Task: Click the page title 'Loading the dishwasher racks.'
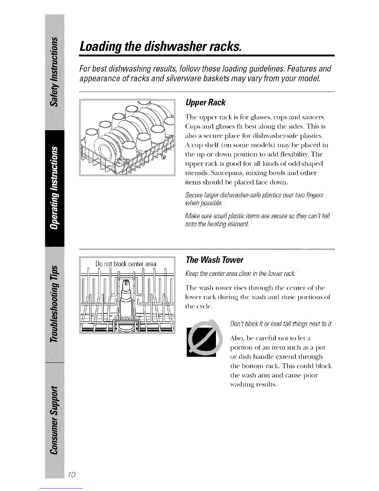click(160, 46)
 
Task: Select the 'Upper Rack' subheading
click(205, 103)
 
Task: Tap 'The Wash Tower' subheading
click(214, 260)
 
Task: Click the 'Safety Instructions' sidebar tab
click(54, 72)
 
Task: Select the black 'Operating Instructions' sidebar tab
click(54, 188)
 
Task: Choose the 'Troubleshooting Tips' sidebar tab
click(54, 304)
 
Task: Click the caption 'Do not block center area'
click(126, 264)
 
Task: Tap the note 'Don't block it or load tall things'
click(281, 324)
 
